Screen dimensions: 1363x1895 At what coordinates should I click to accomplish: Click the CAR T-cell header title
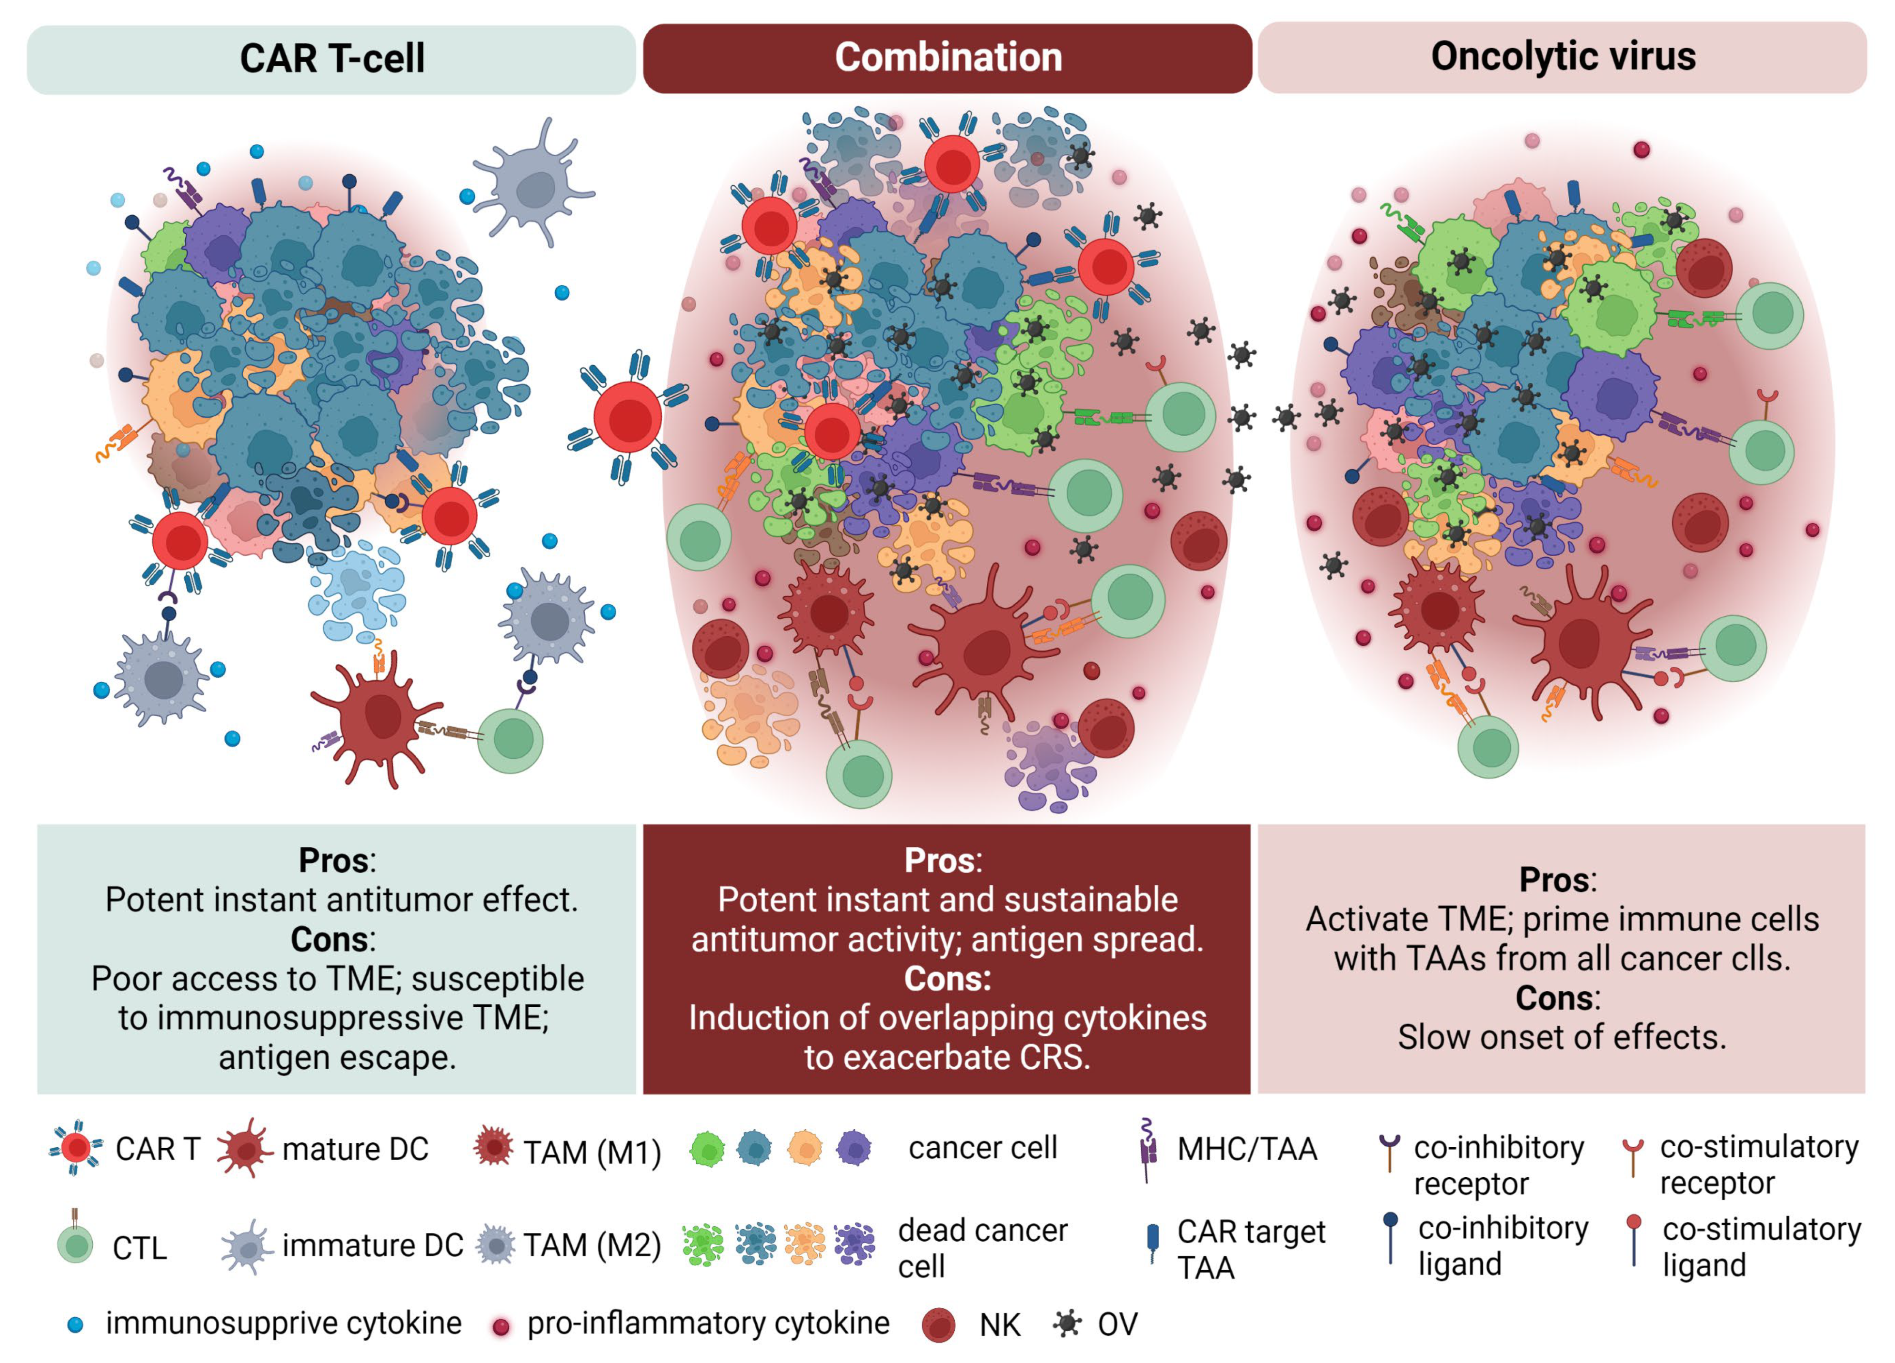pyautogui.click(x=332, y=59)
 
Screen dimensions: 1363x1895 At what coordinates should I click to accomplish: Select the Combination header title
pyautogui.click(x=948, y=57)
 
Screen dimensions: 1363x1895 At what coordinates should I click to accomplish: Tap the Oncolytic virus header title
pyautogui.click(x=1563, y=56)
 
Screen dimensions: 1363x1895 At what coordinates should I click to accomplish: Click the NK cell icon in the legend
pyautogui.click(x=938, y=1324)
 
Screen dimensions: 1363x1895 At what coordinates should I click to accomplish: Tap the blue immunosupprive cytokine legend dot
pyautogui.click(x=75, y=1324)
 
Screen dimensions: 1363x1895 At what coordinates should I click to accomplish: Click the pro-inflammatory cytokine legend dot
pyautogui.click(x=501, y=1326)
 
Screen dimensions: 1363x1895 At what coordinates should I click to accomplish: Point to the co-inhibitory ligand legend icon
pyautogui.click(x=1390, y=1237)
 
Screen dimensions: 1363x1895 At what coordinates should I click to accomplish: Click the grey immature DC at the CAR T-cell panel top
pyautogui.click(x=533, y=188)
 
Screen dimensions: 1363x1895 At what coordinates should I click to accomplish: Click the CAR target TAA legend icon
pyautogui.click(x=1153, y=1240)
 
